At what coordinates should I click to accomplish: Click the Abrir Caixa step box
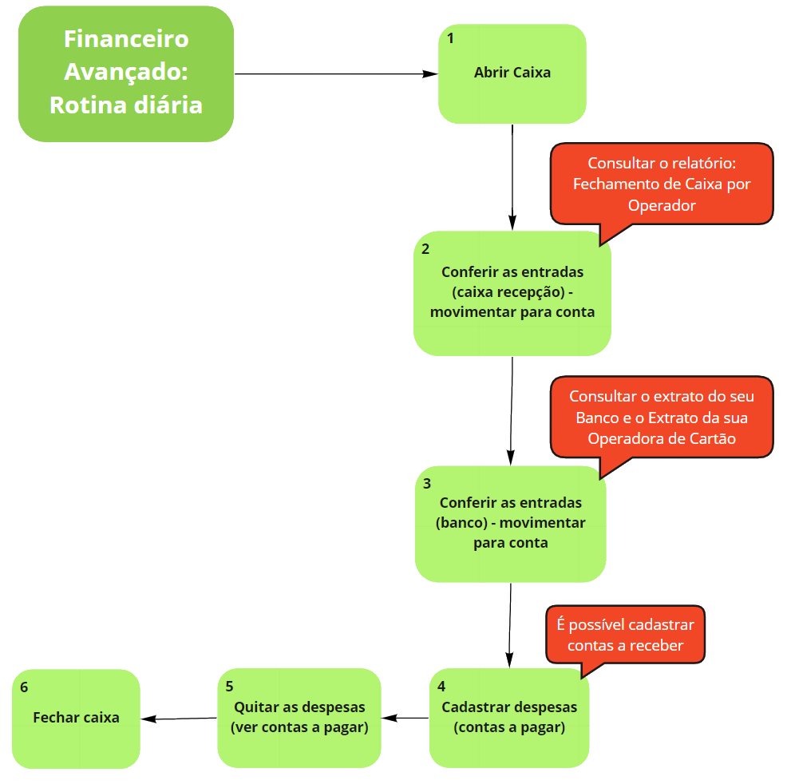point(512,73)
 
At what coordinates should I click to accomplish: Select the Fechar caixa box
point(76,718)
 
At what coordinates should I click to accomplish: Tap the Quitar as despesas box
point(299,717)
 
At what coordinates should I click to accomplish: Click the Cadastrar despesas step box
point(509,717)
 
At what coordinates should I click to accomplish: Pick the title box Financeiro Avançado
point(126,73)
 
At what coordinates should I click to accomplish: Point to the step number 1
point(451,38)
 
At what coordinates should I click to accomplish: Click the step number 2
point(426,249)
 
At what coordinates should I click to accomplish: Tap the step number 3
point(427,483)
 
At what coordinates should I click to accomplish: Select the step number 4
point(441,686)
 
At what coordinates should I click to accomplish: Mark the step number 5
point(230,686)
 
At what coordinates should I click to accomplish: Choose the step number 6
point(24,687)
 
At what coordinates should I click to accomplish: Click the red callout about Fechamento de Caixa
point(661,184)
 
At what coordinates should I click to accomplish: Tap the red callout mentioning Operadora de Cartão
point(661,417)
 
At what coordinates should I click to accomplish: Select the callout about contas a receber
point(625,635)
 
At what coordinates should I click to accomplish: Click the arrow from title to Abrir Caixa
point(335,73)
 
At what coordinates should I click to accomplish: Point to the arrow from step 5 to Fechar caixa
point(180,719)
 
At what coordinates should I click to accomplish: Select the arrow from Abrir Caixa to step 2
point(512,176)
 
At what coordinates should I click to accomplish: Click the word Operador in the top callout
point(662,205)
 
